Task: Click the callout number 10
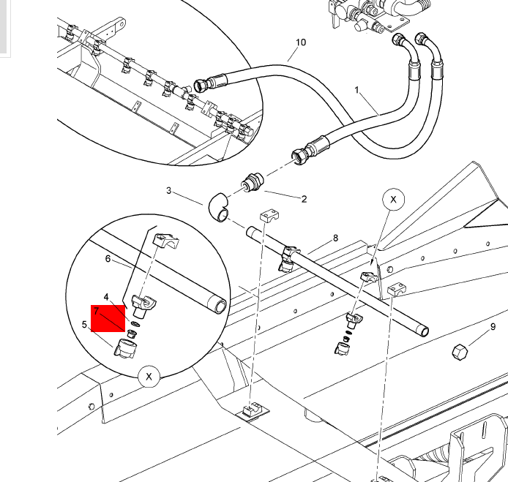tap(301, 42)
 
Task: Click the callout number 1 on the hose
tap(356, 90)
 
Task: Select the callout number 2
tap(304, 199)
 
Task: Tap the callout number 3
tap(168, 191)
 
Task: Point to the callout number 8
tap(335, 238)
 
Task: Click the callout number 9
tap(493, 327)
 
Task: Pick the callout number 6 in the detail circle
tap(108, 259)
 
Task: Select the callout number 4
tap(106, 297)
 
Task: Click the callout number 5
tap(85, 324)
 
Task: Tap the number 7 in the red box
tap(96, 311)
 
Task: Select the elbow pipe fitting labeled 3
tap(218, 208)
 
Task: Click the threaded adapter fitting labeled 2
tap(253, 183)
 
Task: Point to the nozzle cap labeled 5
tap(124, 348)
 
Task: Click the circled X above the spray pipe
tap(393, 200)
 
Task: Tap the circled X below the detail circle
tap(149, 377)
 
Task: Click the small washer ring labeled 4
tap(135, 324)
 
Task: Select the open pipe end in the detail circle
tap(220, 306)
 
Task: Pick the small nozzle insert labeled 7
tap(132, 334)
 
